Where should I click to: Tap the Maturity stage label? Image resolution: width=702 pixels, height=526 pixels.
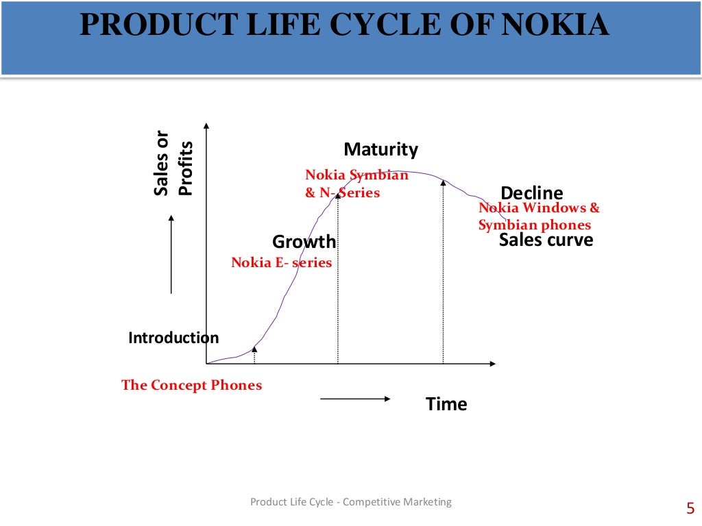click(380, 149)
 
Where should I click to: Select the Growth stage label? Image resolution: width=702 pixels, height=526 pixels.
click(304, 242)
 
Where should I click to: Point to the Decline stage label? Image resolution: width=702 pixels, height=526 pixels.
click(532, 193)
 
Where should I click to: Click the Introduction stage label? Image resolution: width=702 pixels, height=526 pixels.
click(173, 338)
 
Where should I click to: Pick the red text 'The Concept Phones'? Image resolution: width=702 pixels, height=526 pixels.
click(191, 385)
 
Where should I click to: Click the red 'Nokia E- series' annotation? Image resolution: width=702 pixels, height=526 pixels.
click(281, 262)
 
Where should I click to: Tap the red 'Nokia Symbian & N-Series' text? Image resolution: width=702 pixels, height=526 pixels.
click(356, 184)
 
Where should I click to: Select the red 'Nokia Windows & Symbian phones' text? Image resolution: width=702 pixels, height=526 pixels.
click(538, 216)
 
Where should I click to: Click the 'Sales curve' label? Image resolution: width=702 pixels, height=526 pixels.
click(546, 240)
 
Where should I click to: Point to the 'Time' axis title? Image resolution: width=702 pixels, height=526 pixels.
click(446, 404)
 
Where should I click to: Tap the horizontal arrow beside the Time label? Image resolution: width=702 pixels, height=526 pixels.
click(355, 399)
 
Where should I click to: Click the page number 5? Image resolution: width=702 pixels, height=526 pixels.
click(690, 508)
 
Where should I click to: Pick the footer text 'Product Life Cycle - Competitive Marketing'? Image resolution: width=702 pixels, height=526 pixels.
click(351, 502)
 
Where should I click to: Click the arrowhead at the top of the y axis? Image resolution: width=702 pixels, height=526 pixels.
click(206, 125)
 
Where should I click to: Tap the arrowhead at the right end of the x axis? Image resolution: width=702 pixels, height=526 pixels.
click(493, 363)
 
